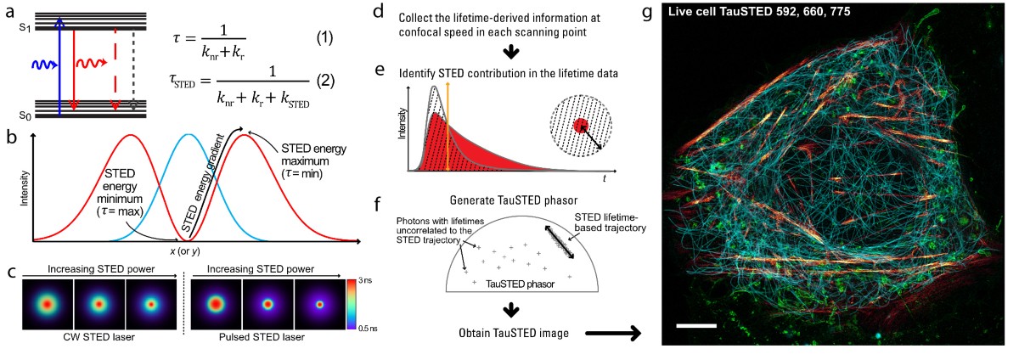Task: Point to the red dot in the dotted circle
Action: tap(581, 126)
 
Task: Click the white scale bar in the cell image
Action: tap(696, 325)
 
